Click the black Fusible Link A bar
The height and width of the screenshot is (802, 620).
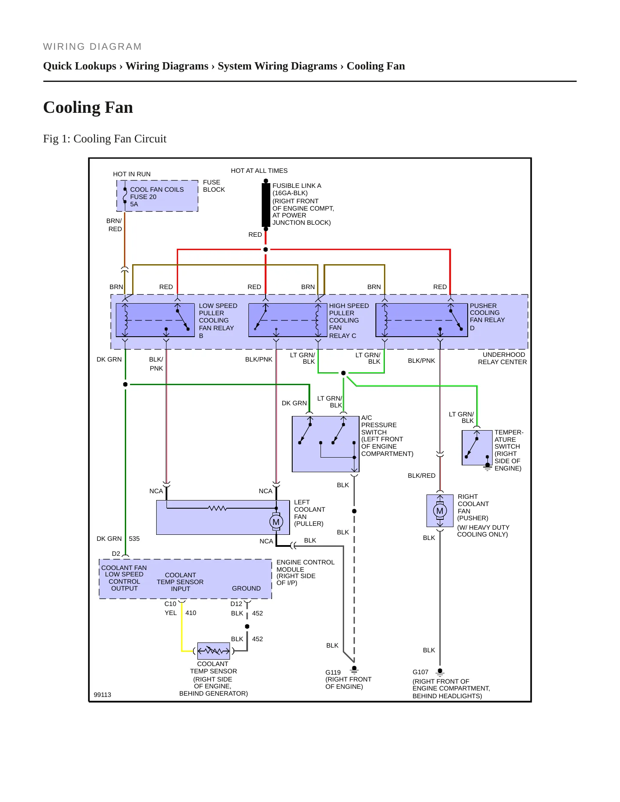pyautogui.click(x=266, y=205)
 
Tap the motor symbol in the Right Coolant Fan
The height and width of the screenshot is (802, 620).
pyautogui.click(x=440, y=511)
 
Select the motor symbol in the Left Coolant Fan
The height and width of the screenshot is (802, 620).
pyautogui.click(x=276, y=522)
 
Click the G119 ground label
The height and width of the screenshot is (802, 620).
pyautogui.click(x=333, y=672)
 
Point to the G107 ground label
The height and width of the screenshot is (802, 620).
pyautogui.click(x=420, y=672)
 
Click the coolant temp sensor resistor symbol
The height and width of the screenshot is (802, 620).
pyautogui.click(x=213, y=651)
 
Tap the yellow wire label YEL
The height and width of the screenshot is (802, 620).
pyautogui.click(x=171, y=613)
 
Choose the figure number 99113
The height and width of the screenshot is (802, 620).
pyautogui.click(x=103, y=695)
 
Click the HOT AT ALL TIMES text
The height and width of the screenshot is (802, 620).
pyautogui.click(x=259, y=171)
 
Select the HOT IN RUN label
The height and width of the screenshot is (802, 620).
pyautogui.click(x=132, y=174)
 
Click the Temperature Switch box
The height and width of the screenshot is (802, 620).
pyautogui.click(x=477, y=448)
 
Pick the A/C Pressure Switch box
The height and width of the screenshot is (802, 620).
pyautogui.click(x=326, y=444)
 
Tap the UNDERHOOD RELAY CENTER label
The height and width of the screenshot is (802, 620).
pyautogui.click(x=502, y=358)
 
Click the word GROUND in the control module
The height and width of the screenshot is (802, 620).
pyautogui.click(x=246, y=588)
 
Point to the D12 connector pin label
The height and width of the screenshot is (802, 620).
pyautogui.click(x=236, y=604)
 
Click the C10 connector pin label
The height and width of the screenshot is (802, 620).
pyautogui.click(x=170, y=604)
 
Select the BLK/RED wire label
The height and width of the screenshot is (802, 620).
pyautogui.click(x=421, y=476)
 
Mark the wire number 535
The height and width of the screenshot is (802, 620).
pyautogui.click(x=134, y=539)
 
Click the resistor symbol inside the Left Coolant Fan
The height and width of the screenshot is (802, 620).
pyautogui.click(x=218, y=508)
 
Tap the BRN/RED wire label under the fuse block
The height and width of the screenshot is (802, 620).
pyautogui.click(x=115, y=225)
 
